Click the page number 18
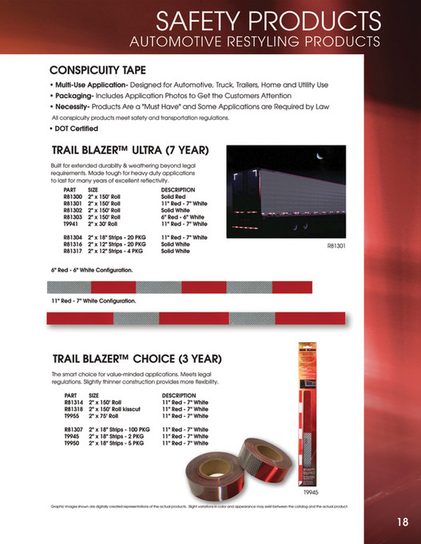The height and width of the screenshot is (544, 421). pyautogui.click(x=402, y=522)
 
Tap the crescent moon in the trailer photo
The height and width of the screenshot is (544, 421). pyautogui.click(x=318, y=157)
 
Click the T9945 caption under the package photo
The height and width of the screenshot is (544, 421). pyautogui.click(x=310, y=494)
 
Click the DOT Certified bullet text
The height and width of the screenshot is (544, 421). pyautogui.click(x=76, y=129)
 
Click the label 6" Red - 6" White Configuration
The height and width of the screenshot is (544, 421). pyautogui.click(x=92, y=271)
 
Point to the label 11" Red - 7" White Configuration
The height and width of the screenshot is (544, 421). pyautogui.click(x=93, y=302)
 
